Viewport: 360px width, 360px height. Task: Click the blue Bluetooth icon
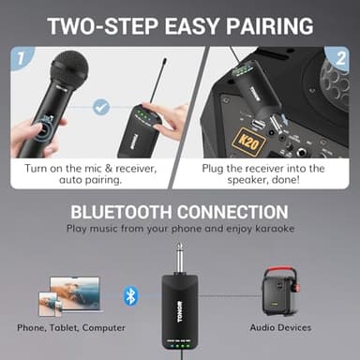130,296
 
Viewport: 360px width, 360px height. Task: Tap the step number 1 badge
20,59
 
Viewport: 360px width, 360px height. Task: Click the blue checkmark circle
100,109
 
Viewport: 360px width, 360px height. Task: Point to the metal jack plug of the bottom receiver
178,257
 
